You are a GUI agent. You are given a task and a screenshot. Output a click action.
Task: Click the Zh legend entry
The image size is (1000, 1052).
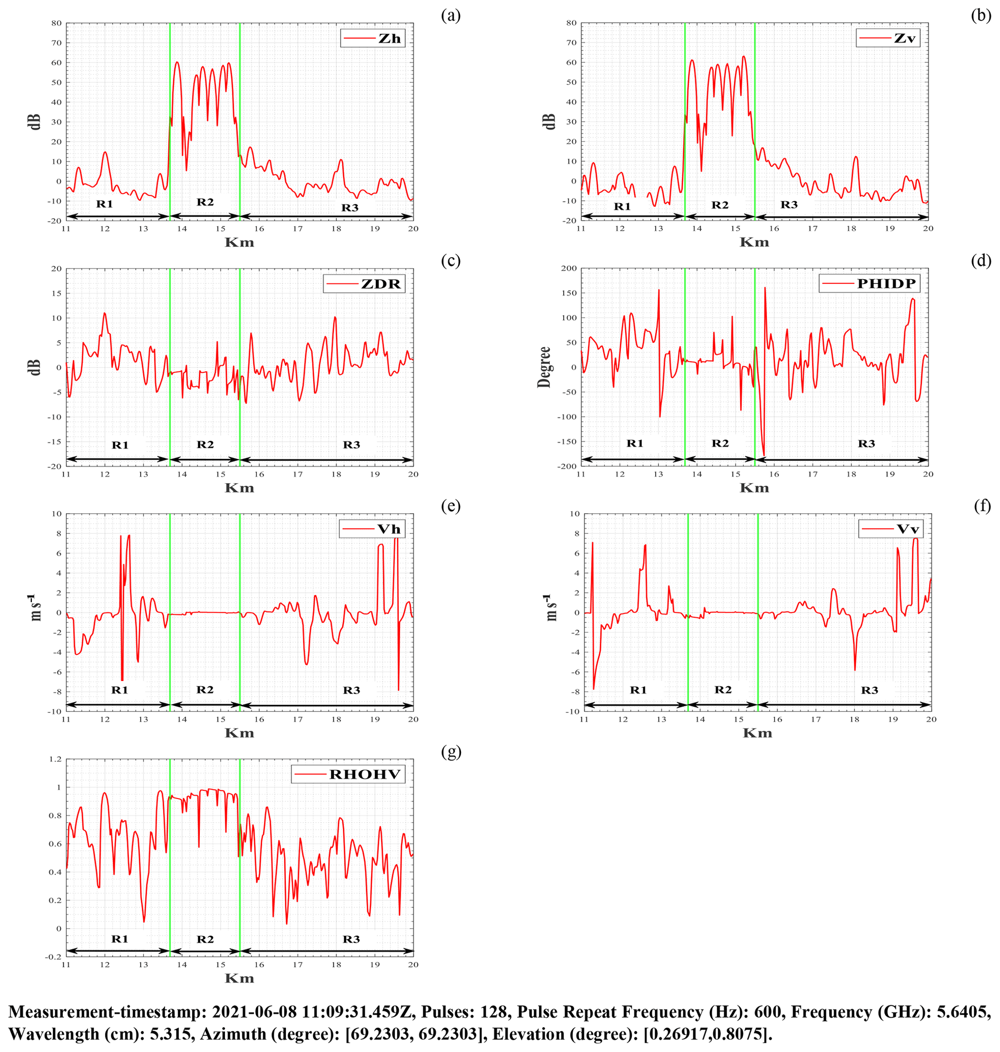[x=373, y=38]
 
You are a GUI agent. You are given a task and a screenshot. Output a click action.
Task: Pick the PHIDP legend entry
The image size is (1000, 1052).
[x=869, y=283]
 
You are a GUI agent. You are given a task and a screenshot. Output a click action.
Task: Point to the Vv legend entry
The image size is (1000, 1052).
[x=890, y=529]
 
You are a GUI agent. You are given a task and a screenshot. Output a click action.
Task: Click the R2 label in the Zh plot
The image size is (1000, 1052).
[x=205, y=202]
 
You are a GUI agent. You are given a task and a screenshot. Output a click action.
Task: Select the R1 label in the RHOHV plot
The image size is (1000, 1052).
[x=119, y=939]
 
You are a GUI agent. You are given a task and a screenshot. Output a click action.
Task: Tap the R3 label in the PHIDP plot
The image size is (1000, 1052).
[x=866, y=444]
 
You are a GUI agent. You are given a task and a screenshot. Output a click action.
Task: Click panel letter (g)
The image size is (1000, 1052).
[x=451, y=752]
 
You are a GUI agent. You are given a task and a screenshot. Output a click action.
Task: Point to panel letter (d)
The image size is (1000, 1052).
[x=981, y=261]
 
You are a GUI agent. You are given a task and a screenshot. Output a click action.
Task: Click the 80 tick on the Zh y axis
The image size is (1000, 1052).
[x=57, y=23]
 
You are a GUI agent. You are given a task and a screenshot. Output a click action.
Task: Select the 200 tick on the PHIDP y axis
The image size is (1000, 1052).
[x=569, y=268]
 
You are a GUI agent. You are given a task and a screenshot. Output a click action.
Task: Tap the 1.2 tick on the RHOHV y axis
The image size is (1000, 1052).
[x=55, y=759]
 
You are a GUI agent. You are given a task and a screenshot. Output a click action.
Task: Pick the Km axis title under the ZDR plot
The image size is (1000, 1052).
[x=239, y=488]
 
